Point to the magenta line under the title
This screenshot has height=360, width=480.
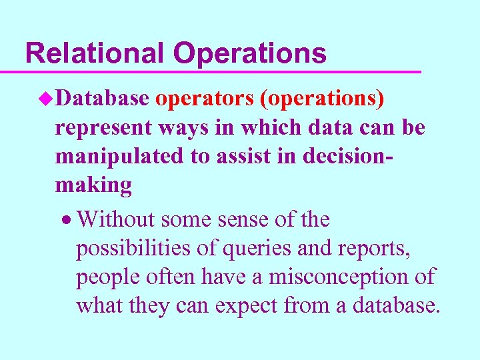pyautogui.click(x=220, y=71)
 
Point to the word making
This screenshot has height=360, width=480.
pyautogui.click(x=93, y=186)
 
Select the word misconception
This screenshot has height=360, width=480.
pyautogui.click(x=344, y=277)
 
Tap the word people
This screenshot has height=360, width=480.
pyautogui.click(x=105, y=277)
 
